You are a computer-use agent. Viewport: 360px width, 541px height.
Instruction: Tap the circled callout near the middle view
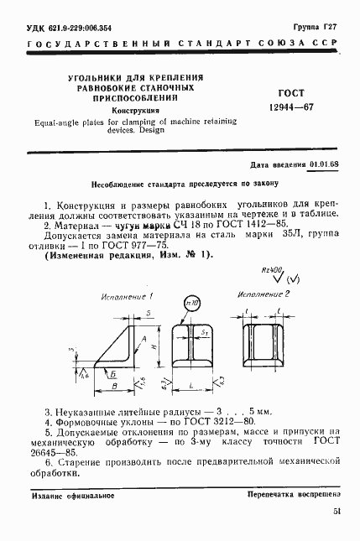[191, 302]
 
